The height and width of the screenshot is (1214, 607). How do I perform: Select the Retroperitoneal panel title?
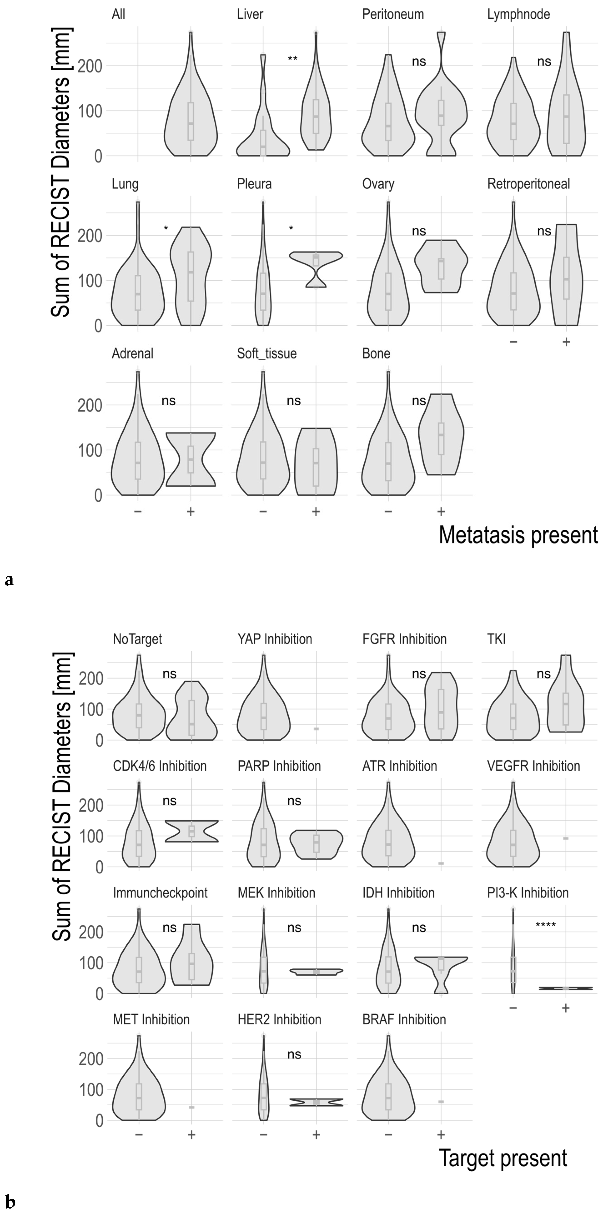pos(528,184)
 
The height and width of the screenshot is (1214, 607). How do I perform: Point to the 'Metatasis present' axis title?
pos(518,535)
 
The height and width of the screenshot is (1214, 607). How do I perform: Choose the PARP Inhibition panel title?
pos(279,766)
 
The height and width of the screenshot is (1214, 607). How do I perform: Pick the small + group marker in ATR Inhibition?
pos(441,863)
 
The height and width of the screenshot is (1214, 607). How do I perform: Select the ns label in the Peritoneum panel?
pos(419,62)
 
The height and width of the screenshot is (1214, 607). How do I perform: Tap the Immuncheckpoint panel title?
pos(160,893)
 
